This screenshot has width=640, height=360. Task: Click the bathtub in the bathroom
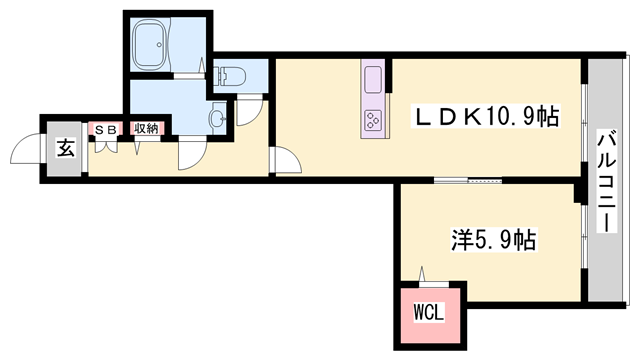click(156, 45)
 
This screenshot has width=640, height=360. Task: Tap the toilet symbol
click(229, 73)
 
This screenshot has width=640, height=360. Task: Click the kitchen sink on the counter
click(374, 79)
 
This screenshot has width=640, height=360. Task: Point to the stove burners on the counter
click(374, 122)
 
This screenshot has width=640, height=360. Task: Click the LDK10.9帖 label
click(487, 118)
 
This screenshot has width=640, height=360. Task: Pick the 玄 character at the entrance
click(65, 149)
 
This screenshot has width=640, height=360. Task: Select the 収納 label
click(146, 129)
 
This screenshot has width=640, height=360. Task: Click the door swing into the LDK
click(283, 160)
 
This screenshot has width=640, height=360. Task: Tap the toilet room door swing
click(250, 112)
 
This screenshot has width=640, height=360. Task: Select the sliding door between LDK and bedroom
click(466, 181)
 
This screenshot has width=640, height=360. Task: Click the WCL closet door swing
click(424, 277)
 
